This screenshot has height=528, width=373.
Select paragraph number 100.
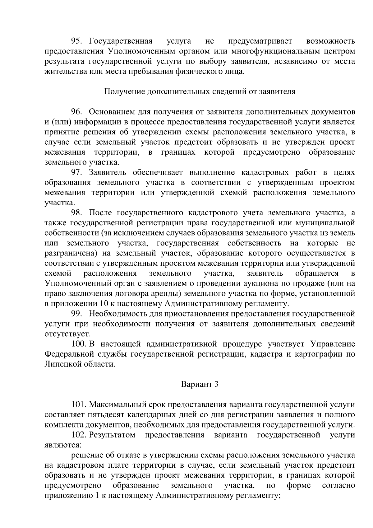click(78, 344)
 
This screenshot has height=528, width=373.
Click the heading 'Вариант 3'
click(200, 384)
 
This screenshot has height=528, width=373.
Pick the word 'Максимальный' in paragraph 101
click(116, 405)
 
